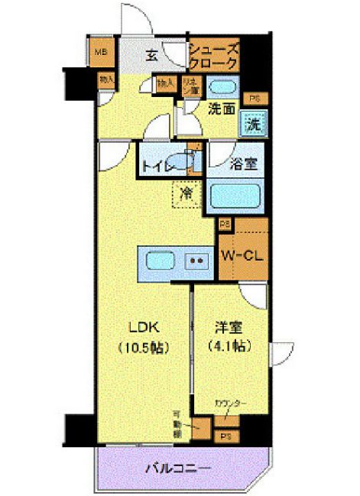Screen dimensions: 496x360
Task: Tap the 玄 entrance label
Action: pyautogui.click(x=152, y=54)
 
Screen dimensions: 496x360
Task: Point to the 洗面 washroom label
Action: pyautogui.click(x=222, y=108)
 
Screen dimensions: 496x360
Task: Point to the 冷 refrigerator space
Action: pyautogui.click(x=186, y=193)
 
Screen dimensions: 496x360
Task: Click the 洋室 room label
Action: pyautogui.click(x=229, y=329)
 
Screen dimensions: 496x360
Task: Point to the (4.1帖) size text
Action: pyautogui.click(x=229, y=345)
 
